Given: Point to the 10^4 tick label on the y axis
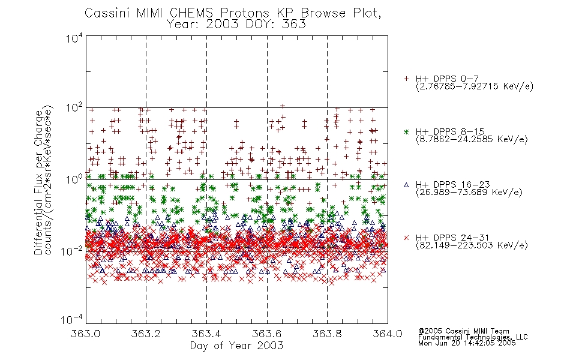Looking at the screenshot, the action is pos(74,38).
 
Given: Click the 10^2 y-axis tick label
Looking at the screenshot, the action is pos(74,108).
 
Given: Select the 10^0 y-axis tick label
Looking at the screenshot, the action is pos(74,179).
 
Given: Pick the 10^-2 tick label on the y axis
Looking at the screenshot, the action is pos(72,251).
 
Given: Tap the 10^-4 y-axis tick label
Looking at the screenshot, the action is pos(72,320).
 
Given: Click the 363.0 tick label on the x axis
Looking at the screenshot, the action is pos(86,334).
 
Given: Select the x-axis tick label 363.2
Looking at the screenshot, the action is pos(146,334).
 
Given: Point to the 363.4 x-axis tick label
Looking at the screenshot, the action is pos(206,334).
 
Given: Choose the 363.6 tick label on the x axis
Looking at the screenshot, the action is pos(267,334).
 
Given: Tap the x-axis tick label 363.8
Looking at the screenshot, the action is pos(327,334).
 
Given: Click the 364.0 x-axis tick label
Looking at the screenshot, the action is pos(388,334).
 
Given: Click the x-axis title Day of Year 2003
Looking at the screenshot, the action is pos(236,346).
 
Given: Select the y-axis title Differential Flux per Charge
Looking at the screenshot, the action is pos(38,182).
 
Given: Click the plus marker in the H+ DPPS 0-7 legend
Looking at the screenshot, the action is pos(406,79).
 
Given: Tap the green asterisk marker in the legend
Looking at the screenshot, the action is pos(406,132).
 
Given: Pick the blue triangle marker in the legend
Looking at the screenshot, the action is pos(406,185).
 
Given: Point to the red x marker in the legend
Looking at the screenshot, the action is pos(406,238).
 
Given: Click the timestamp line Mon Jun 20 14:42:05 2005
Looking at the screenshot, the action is pos(467,343).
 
